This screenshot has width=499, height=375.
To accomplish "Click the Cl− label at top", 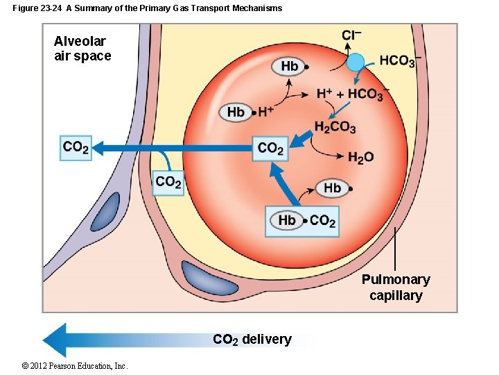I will [351, 35].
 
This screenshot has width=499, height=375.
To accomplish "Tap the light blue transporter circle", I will [356, 62].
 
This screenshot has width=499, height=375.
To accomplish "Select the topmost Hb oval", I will [289, 67].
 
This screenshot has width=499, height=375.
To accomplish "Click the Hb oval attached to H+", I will [236, 112].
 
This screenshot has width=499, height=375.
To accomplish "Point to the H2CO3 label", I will [335, 127].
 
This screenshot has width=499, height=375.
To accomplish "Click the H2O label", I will [360, 158].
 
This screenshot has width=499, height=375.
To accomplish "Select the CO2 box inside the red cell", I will [270, 148].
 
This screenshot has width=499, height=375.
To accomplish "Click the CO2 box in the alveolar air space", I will [76, 147].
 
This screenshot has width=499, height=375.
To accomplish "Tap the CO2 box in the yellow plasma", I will [168, 183].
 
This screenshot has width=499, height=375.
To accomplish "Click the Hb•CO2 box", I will [302, 221].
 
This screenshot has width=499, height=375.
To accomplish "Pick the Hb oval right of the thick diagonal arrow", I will [333, 187].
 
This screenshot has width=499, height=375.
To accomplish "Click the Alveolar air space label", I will [82, 49].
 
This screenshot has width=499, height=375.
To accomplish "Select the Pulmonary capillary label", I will [396, 287].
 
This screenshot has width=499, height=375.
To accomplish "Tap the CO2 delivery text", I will [252, 340].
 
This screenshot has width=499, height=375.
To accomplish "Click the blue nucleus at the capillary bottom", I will [206, 278].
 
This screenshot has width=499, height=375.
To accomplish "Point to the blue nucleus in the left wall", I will [108, 212].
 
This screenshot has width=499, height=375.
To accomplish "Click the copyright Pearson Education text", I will [64, 366].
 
